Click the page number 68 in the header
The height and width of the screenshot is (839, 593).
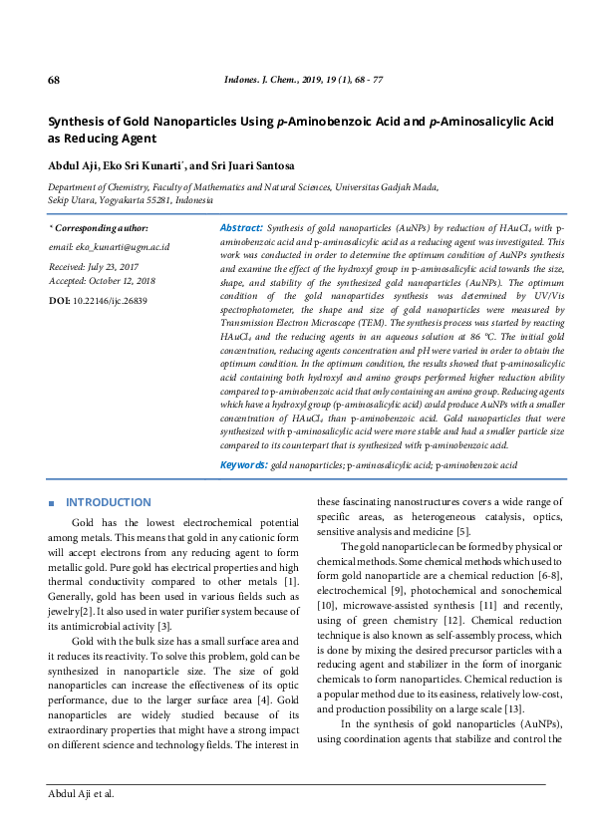click(x=55, y=80)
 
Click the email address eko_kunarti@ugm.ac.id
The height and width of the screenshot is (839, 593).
click(x=110, y=246)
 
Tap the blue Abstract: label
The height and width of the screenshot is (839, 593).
click(x=240, y=228)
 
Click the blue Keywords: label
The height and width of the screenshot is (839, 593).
click(x=243, y=465)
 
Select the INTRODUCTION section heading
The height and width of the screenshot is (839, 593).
click(x=108, y=502)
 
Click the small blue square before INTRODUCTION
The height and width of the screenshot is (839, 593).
click(x=51, y=502)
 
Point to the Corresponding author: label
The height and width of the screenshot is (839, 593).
click(x=102, y=228)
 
